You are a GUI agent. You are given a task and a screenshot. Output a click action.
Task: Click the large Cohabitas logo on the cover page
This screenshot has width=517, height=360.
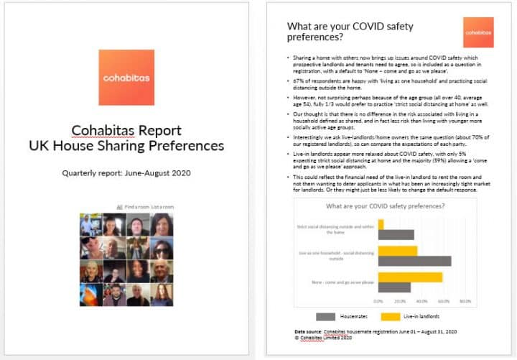coord(126,78)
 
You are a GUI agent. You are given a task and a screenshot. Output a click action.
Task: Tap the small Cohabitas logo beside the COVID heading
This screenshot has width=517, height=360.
coord(478,32)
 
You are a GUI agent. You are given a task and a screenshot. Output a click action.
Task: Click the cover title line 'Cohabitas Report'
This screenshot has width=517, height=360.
coord(126,130)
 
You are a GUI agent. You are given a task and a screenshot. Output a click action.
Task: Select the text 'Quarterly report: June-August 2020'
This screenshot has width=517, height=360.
coord(126,173)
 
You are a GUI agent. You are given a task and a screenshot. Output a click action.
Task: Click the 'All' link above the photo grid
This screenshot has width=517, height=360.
coord(119,207)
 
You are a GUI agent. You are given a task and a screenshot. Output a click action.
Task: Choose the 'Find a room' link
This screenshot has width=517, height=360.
coord(137,207)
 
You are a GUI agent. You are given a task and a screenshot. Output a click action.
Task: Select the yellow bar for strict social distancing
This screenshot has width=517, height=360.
coord(381,224)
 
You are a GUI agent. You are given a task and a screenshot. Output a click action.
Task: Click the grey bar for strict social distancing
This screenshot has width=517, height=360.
coord(396,234)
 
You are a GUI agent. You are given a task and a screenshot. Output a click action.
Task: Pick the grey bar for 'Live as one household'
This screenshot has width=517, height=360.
coord(414,261)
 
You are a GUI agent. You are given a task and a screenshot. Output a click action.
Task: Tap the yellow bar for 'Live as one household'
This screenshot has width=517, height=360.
coord(398,251)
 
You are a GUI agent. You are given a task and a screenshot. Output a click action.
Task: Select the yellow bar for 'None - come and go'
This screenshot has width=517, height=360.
coord(410,277)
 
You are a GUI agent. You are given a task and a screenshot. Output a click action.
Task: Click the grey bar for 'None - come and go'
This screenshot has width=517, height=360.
coord(394,287)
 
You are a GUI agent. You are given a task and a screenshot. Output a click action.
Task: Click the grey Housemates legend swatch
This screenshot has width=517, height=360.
coord(327,315)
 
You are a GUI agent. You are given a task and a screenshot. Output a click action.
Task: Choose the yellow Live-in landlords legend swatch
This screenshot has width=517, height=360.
coord(391,315)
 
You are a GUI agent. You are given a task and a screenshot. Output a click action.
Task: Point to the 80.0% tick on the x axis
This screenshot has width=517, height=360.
coord(464,300)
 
